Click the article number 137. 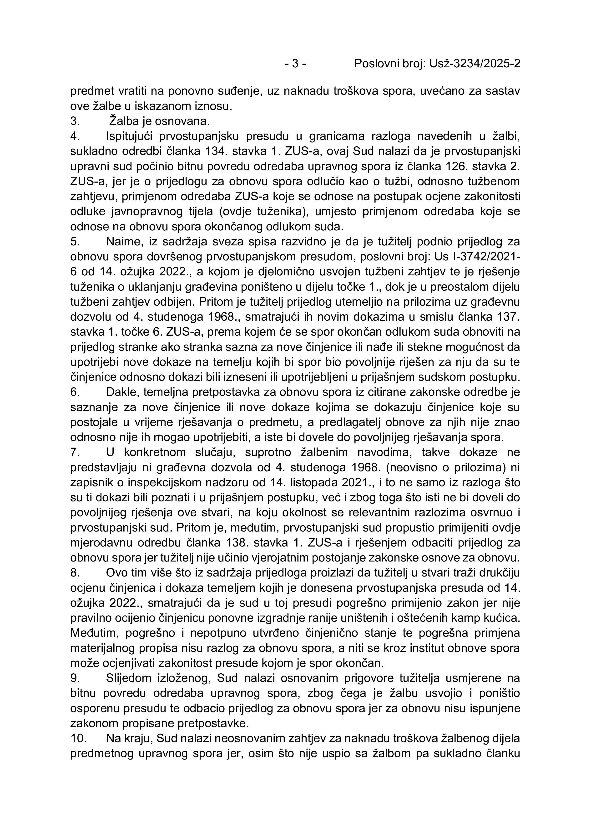point(508,317)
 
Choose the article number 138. point(241,543)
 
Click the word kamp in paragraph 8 point(477,618)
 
